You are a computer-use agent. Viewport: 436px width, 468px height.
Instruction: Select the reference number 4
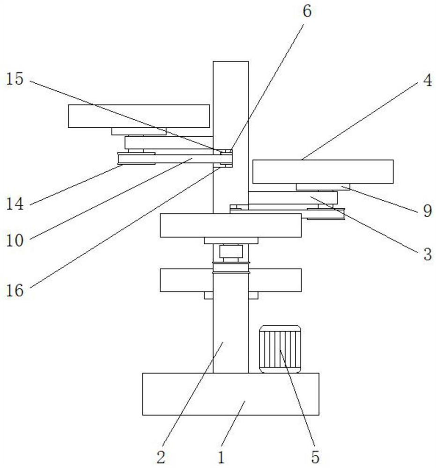(x=427, y=80)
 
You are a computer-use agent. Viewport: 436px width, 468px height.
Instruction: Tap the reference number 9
(x=427, y=211)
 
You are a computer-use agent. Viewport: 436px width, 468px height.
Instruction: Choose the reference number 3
(x=427, y=255)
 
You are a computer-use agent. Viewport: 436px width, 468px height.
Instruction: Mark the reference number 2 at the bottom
(x=161, y=456)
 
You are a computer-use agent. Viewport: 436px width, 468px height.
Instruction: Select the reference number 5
(x=316, y=456)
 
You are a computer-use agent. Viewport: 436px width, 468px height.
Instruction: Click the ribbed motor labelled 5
(x=280, y=349)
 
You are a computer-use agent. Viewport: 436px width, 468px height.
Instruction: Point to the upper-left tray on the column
(x=139, y=116)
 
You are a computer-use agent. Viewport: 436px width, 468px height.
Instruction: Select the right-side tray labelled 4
(x=323, y=171)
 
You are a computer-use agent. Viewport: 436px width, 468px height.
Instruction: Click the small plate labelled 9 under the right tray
(x=323, y=187)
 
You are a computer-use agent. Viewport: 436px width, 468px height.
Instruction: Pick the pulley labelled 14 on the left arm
(x=136, y=159)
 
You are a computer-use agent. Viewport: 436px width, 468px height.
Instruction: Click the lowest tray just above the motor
(x=230, y=280)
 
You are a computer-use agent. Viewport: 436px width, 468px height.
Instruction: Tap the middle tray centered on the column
(x=230, y=225)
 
